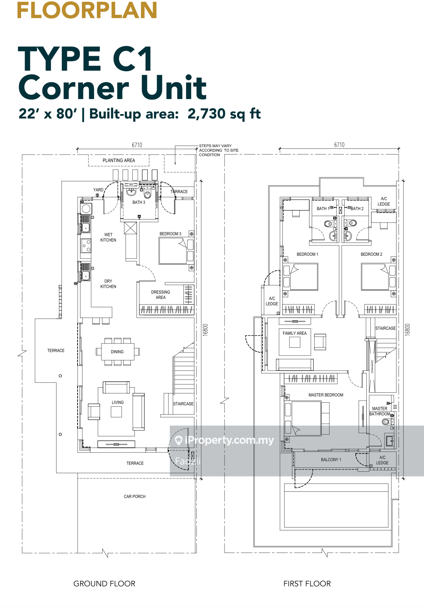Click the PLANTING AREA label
pyautogui.click(x=119, y=161)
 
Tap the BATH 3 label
pyautogui.click(x=139, y=202)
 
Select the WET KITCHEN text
pyautogui.click(x=108, y=237)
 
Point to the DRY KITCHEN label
pyautogui.click(x=108, y=284)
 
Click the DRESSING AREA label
pyautogui.click(x=161, y=295)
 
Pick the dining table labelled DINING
pyautogui.click(x=118, y=352)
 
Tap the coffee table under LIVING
pyautogui.click(x=117, y=412)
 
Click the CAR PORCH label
pyautogui.click(x=134, y=496)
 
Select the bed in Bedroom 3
pyautogui.click(x=173, y=251)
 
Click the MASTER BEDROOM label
pyautogui.click(x=326, y=395)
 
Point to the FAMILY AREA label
pyautogui.click(x=295, y=333)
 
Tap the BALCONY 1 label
pyautogui.click(x=331, y=460)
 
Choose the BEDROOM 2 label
pyautogui.click(x=371, y=254)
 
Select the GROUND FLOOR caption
pyautogui.click(x=104, y=584)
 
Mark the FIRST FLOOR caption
pyautogui.click(x=307, y=584)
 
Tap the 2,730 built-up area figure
pyautogui.click(x=206, y=113)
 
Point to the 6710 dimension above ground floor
pyautogui.click(x=137, y=145)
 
